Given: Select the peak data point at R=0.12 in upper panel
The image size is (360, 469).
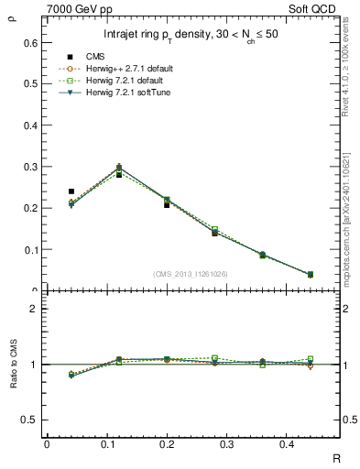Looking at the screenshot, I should [x=119, y=169].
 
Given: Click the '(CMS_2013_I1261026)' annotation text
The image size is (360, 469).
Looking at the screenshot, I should [x=190, y=273].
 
